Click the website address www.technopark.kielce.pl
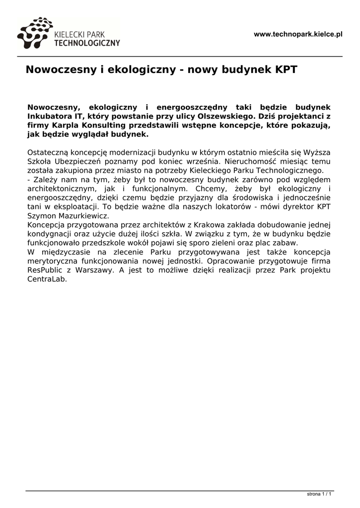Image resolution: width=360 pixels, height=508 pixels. [x=298, y=34]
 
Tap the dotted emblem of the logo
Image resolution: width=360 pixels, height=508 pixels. [x=35, y=33]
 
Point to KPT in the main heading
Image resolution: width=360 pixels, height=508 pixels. [x=286, y=69]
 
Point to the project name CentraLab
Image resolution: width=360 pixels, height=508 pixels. [x=47, y=279]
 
